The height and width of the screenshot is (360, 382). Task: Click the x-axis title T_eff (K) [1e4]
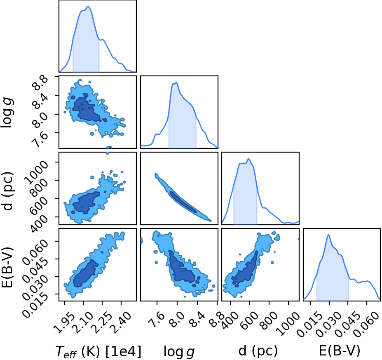point(98,351)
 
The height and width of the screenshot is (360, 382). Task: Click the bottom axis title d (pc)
point(258,351)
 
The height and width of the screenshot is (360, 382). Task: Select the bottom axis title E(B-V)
point(340,351)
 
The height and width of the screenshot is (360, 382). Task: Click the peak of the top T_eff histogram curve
point(88,6)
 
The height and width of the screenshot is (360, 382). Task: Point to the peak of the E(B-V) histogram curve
point(328,235)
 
